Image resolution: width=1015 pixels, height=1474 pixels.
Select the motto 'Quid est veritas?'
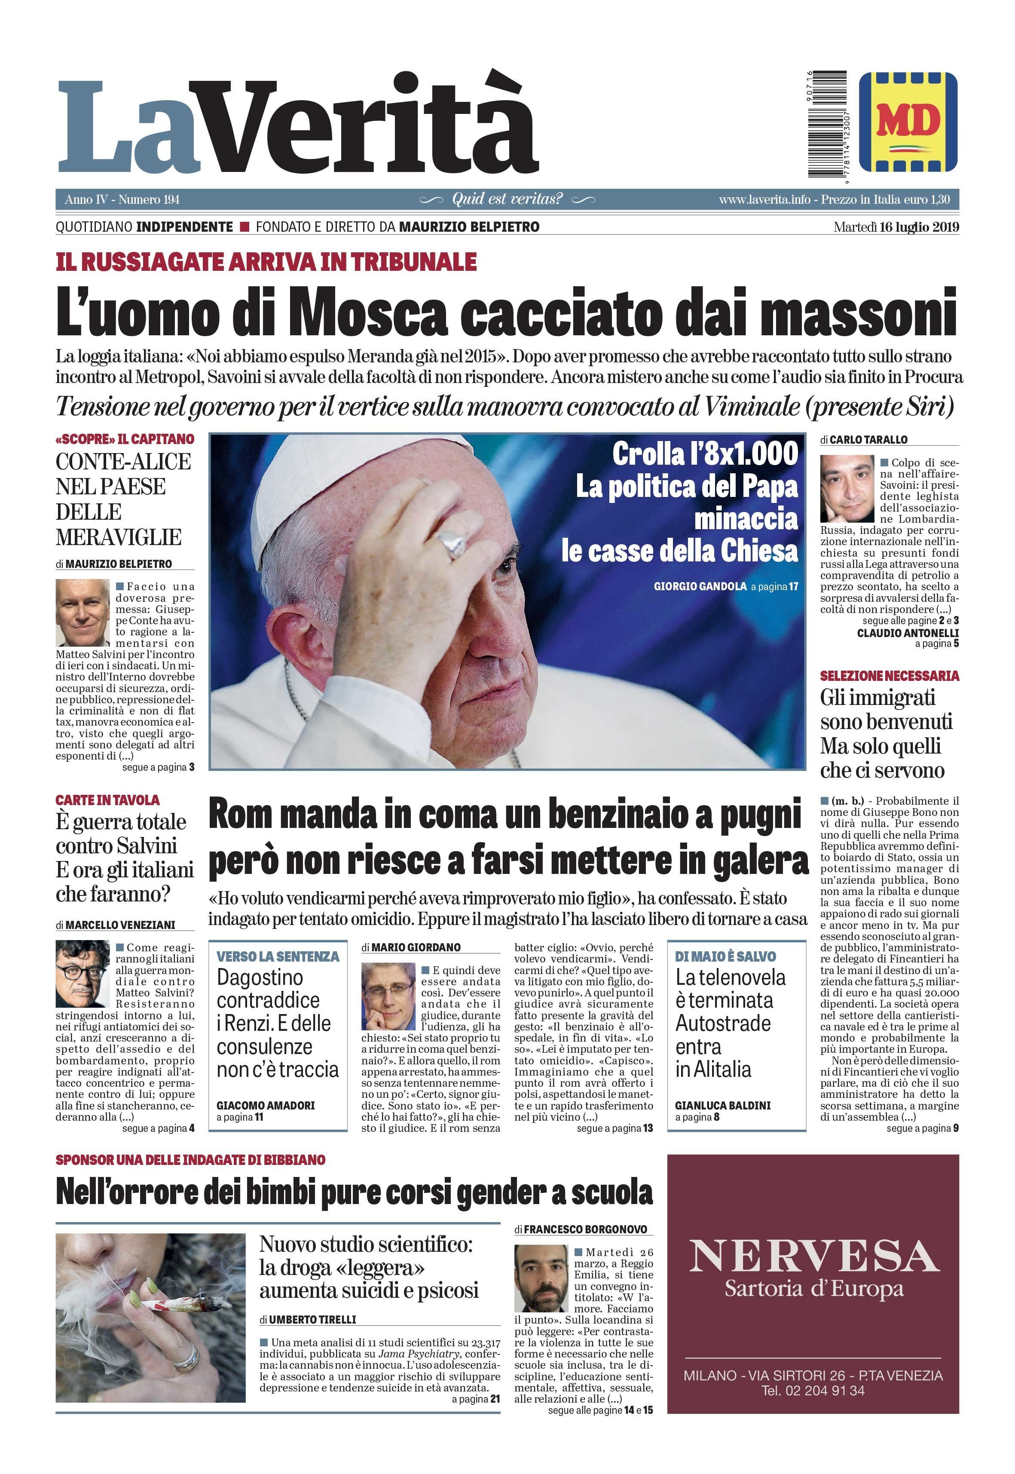tap(507, 199)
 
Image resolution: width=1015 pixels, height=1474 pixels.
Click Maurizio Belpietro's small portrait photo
tap(83, 613)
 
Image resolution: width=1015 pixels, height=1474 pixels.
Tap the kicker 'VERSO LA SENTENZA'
tap(278, 957)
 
